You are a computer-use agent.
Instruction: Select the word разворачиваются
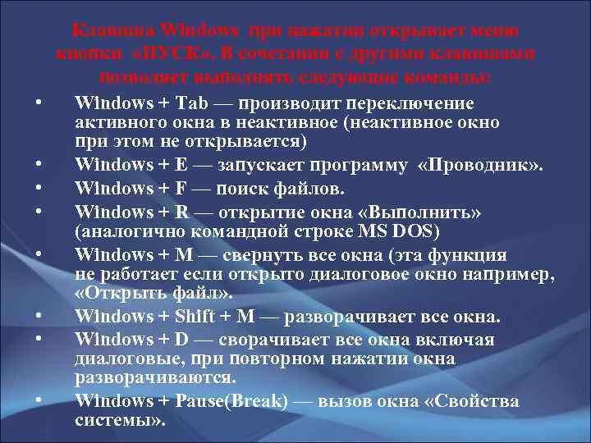[154, 377]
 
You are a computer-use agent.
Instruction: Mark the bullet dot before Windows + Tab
[39, 104]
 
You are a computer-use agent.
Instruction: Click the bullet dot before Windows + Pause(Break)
[39, 401]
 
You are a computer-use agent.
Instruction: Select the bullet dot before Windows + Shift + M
[39, 317]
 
